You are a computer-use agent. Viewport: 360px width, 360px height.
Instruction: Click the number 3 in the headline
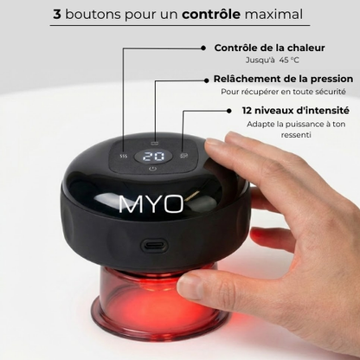[x=57, y=15]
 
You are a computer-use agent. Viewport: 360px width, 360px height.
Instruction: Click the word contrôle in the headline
[x=211, y=15]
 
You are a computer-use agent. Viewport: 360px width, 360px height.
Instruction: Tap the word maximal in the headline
[x=273, y=15]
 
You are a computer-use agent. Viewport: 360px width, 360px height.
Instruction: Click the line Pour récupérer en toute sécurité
[x=283, y=92]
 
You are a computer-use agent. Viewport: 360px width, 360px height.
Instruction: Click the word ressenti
[x=296, y=135]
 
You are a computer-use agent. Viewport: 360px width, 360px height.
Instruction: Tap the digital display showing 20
[x=154, y=157]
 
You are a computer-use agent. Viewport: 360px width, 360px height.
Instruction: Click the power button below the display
[x=153, y=170]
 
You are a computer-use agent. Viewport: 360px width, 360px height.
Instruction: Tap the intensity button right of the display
[x=184, y=157]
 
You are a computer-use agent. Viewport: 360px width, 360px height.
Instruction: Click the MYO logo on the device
[x=151, y=206]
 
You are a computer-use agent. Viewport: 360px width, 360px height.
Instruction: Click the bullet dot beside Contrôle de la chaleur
[x=205, y=48]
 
